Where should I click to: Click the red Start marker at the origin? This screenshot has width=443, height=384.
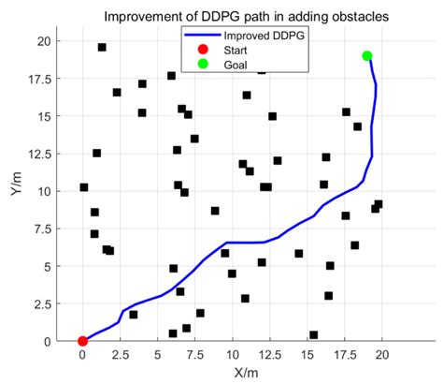coord(82,341)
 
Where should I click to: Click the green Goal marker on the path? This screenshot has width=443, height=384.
coord(367,55)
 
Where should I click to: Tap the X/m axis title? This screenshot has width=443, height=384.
coord(232,374)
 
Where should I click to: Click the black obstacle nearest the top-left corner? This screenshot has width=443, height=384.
coord(102,47)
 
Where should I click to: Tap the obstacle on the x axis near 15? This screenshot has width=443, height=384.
coord(313,334)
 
